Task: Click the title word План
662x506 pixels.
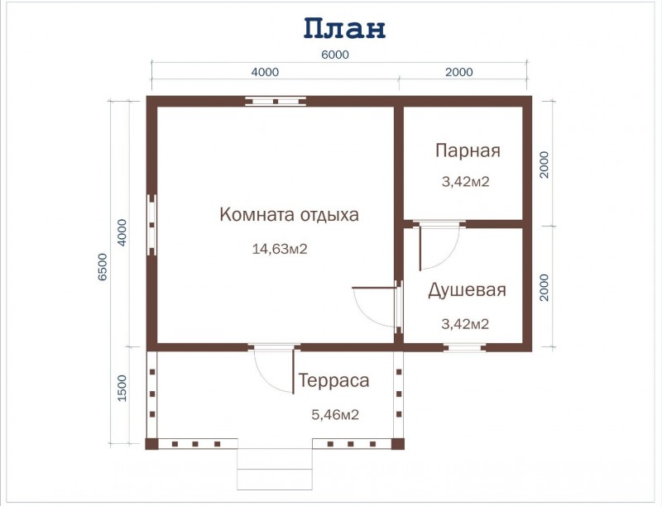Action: point(343,28)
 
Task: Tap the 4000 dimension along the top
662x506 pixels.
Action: point(265,72)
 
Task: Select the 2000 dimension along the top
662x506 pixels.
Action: point(458,72)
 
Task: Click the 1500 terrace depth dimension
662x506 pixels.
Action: point(122,388)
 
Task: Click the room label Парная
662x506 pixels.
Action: point(468,150)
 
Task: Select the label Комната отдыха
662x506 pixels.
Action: point(289,215)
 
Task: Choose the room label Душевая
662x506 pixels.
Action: point(467,290)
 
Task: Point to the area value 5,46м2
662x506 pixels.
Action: point(334,414)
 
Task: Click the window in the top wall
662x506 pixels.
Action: point(276,102)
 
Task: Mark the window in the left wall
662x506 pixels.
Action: point(151,224)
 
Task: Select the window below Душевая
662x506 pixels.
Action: point(463,347)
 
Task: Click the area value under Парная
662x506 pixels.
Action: point(466,182)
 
